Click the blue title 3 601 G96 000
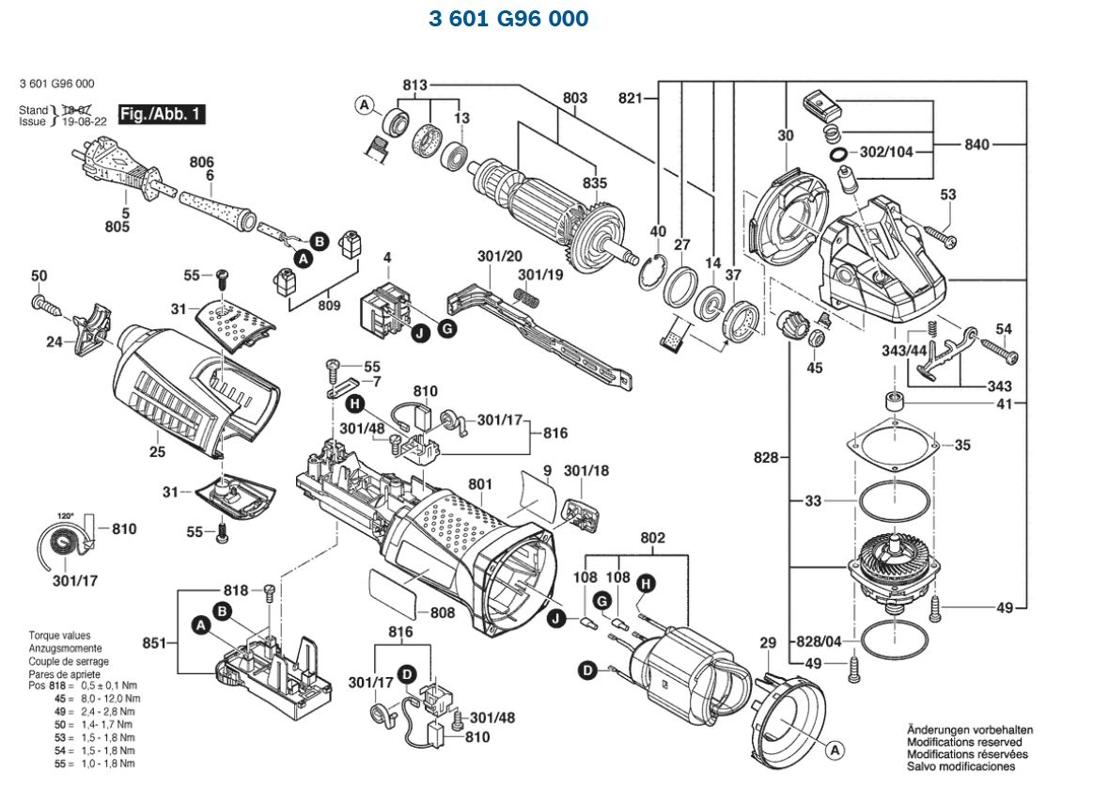(x=508, y=19)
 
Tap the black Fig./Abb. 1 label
(x=162, y=115)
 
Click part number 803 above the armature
(x=575, y=98)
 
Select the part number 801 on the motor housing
(x=480, y=485)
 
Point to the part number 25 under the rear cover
(x=157, y=452)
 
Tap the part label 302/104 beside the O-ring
(x=886, y=151)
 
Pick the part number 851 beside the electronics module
(x=152, y=644)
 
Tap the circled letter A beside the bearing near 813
(x=364, y=105)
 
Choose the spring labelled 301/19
(x=529, y=300)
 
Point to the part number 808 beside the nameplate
(x=442, y=612)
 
